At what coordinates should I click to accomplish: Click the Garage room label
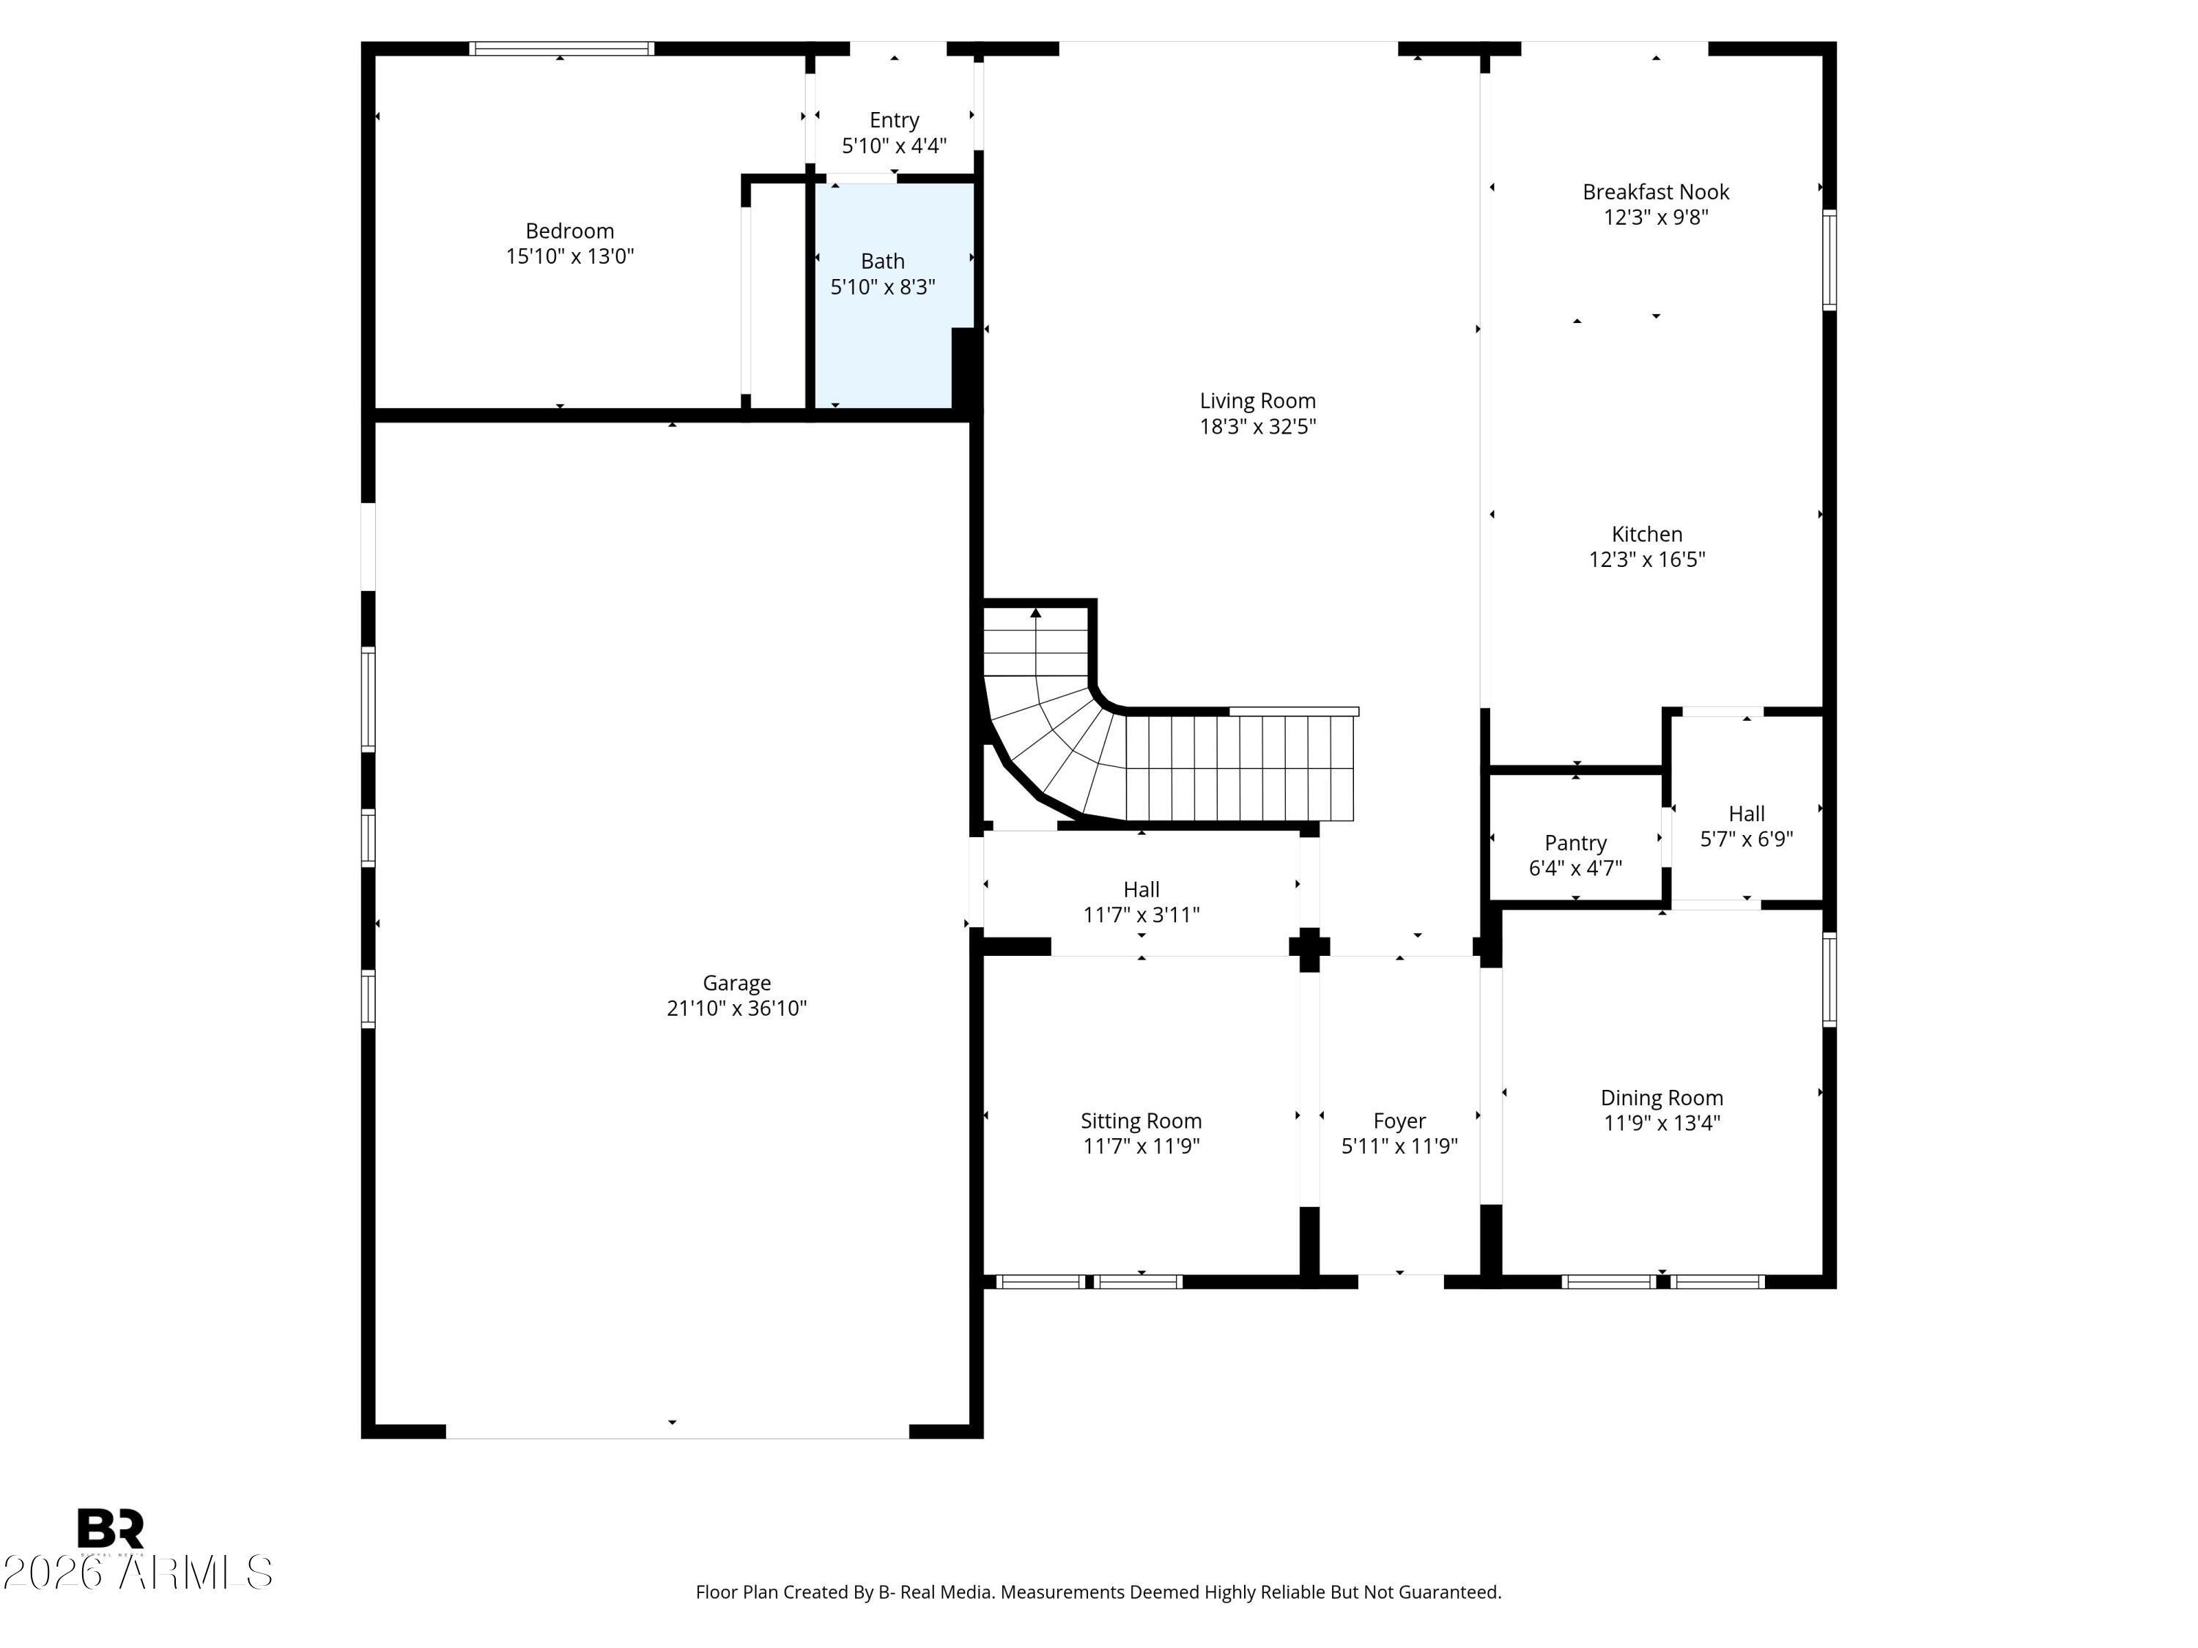pyautogui.click(x=736, y=984)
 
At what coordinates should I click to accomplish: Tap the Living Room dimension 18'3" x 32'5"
pyautogui.click(x=1257, y=427)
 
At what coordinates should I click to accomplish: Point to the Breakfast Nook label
pyautogui.click(x=1655, y=192)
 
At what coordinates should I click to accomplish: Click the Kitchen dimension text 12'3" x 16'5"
pyautogui.click(x=1646, y=560)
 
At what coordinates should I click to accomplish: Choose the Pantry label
pyautogui.click(x=1575, y=843)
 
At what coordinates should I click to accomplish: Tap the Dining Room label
pyautogui.click(x=1662, y=1098)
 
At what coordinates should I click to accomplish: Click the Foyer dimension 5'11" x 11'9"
pyautogui.click(x=1399, y=1146)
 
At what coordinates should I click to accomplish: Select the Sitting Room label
pyautogui.click(x=1141, y=1121)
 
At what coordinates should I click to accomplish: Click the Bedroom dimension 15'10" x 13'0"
pyautogui.click(x=569, y=256)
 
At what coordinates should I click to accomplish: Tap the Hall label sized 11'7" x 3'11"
pyautogui.click(x=1141, y=890)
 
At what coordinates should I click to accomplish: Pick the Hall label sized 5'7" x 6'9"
pyautogui.click(x=1746, y=814)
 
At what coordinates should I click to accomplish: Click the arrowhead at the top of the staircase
pyautogui.click(x=1035, y=613)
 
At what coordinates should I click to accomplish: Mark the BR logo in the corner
pyautogui.click(x=111, y=1529)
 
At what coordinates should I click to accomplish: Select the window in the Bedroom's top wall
pyautogui.click(x=561, y=48)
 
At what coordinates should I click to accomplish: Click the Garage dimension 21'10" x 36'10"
pyautogui.click(x=736, y=1009)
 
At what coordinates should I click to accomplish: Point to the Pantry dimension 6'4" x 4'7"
pyautogui.click(x=1575, y=868)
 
